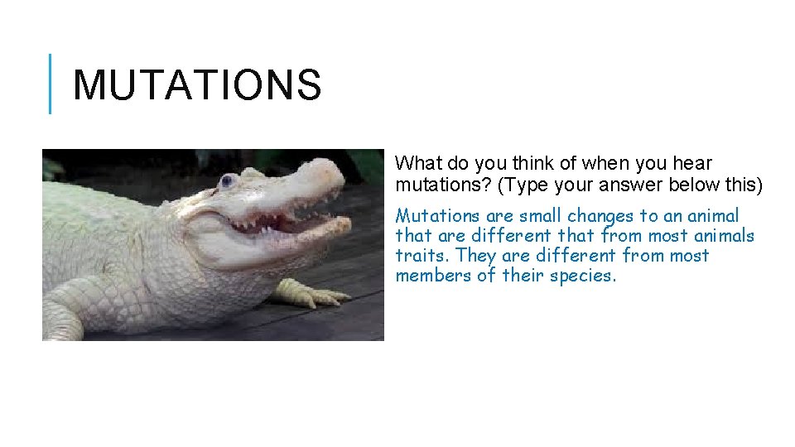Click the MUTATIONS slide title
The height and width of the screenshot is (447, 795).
click(x=196, y=85)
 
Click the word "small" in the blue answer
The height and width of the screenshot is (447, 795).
click(x=541, y=216)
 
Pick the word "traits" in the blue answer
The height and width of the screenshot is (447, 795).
click(x=422, y=256)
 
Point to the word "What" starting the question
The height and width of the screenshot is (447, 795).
click(x=414, y=164)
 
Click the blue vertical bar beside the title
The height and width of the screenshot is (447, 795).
click(x=50, y=84)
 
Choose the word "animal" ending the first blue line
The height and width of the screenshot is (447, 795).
click(x=710, y=216)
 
